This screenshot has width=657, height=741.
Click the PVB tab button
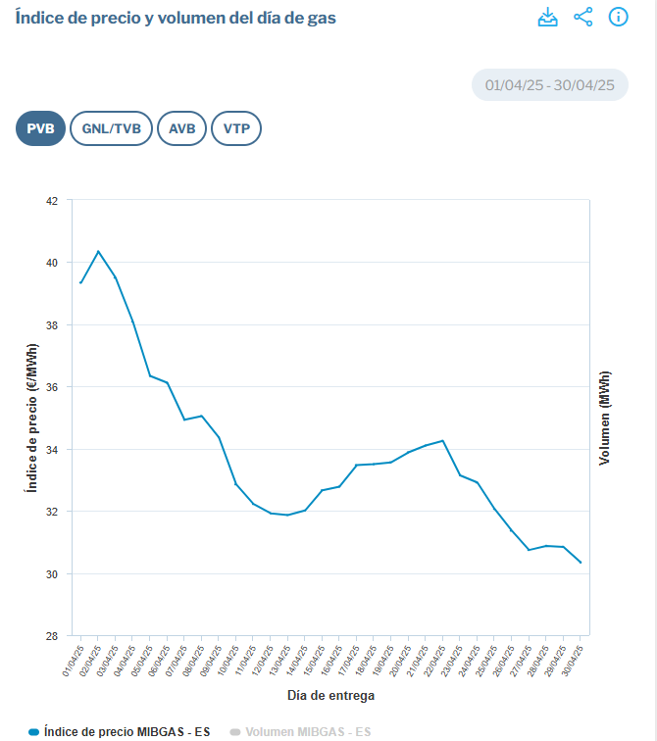pos(40,128)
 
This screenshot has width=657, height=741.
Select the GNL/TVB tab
pos(111,128)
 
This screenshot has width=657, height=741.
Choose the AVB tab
pos(182,128)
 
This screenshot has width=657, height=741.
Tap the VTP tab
pos(236,128)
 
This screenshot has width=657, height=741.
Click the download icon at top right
pos(548,17)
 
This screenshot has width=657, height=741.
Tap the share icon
pos(583,17)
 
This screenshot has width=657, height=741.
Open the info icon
pos(618,17)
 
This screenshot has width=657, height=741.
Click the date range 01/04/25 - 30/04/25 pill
pos(550,85)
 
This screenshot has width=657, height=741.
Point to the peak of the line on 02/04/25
pos(98,251)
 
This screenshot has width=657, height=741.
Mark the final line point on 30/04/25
pos(581,563)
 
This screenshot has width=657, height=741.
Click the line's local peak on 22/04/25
pos(443,441)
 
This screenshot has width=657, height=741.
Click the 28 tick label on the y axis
pos(52,636)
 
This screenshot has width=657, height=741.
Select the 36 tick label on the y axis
pos(52,387)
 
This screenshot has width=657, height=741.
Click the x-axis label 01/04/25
pos(74,662)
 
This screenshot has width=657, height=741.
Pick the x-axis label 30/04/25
pos(573,662)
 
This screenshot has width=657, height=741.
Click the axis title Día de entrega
pos(330,696)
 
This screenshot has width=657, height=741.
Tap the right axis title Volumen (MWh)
pos(604,418)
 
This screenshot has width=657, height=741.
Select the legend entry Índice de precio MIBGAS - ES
pos(119,731)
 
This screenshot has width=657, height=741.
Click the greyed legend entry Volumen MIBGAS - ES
pos(300,731)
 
